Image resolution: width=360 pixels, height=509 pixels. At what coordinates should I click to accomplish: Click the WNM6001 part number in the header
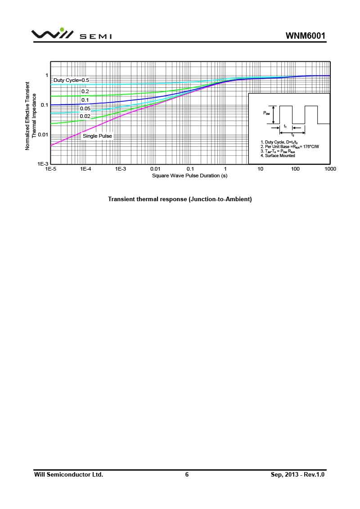click(x=305, y=36)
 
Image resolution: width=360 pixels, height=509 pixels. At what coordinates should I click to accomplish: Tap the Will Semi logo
click(x=72, y=35)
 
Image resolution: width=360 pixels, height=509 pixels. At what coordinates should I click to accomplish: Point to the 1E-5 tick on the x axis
click(x=50, y=169)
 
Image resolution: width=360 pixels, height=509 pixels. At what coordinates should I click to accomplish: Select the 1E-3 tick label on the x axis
click(x=120, y=169)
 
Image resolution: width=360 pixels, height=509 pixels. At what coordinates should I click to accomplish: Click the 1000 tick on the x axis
click(x=330, y=169)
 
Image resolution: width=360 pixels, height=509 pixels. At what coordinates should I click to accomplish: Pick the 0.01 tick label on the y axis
click(x=42, y=135)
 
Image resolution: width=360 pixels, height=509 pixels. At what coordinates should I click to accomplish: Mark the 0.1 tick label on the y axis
click(x=44, y=105)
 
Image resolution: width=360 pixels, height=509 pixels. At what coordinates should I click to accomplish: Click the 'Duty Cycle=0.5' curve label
click(x=71, y=80)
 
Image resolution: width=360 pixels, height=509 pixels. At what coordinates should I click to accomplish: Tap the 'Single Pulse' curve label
click(x=97, y=136)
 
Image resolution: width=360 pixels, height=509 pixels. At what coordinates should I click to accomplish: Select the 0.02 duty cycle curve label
click(x=85, y=117)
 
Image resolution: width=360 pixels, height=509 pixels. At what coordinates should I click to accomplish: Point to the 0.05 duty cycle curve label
click(x=85, y=108)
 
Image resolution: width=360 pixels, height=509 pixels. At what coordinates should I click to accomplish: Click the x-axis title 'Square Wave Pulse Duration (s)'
click(x=189, y=176)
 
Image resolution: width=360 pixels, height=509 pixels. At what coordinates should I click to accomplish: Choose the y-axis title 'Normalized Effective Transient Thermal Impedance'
click(x=30, y=116)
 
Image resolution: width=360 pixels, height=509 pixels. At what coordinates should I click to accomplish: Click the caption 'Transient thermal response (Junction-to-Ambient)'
click(x=180, y=199)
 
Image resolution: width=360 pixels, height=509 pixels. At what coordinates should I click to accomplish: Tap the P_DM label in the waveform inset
click(x=266, y=113)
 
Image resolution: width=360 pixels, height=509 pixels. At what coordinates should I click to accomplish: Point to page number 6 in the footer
click(x=187, y=474)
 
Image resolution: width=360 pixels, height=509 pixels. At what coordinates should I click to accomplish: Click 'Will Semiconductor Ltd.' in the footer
click(x=69, y=474)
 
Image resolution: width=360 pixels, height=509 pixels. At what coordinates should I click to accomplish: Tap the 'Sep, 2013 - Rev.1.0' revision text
click(x=297, y=474)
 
